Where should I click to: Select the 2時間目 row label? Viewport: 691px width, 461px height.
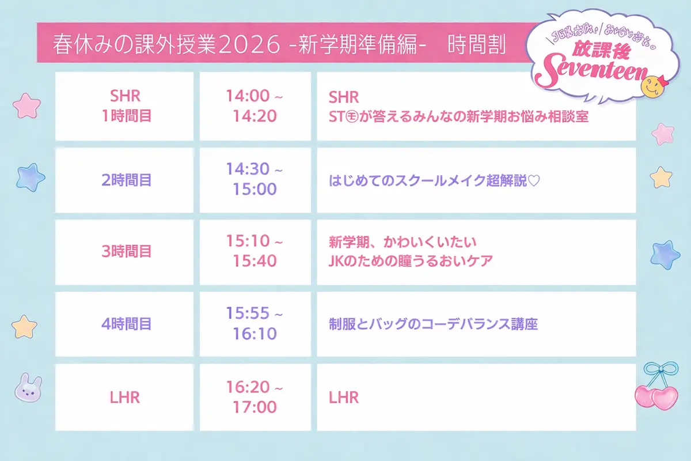click(126, 180)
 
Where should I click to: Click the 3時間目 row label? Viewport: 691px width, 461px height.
click(126, 251)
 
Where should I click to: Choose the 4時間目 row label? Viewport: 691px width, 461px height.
click(126, 324)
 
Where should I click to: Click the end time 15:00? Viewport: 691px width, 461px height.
click(255, 189)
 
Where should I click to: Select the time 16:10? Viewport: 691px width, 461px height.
click(255, 334)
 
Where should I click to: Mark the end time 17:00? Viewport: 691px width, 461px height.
click(255, 407)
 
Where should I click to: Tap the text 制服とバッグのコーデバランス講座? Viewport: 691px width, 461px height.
click(432, 324)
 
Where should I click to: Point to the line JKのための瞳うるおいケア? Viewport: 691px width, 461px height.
click(410, 260)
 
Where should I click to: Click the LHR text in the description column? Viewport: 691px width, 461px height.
click(343, 397)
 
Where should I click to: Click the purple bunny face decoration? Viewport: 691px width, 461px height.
click(27, 387)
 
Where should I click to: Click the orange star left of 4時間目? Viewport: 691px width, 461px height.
click(24, 326)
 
